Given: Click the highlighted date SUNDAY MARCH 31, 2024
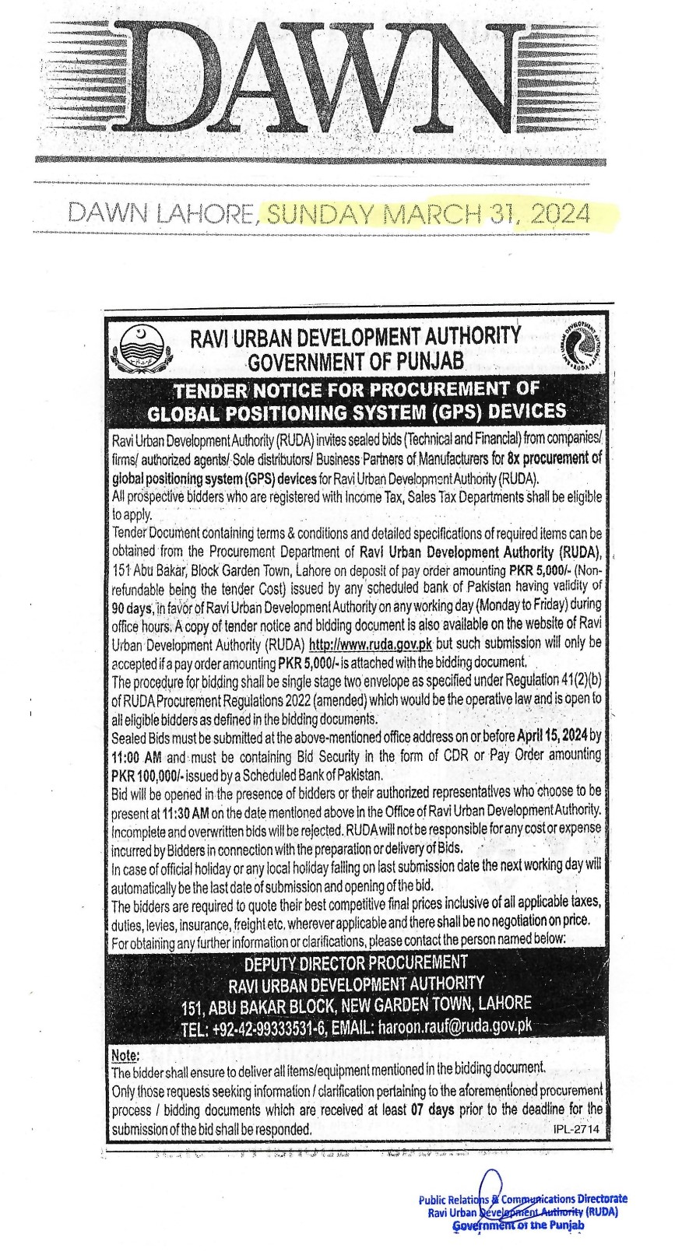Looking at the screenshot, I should (427, 212).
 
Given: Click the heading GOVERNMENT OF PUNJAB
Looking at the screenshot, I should (355, 361).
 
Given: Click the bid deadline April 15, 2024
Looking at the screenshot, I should (552, 736).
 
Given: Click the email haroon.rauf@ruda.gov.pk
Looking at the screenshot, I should (455, 1026).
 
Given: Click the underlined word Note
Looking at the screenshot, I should (125, 1056).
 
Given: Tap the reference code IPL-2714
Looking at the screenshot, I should (578, 1129).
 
